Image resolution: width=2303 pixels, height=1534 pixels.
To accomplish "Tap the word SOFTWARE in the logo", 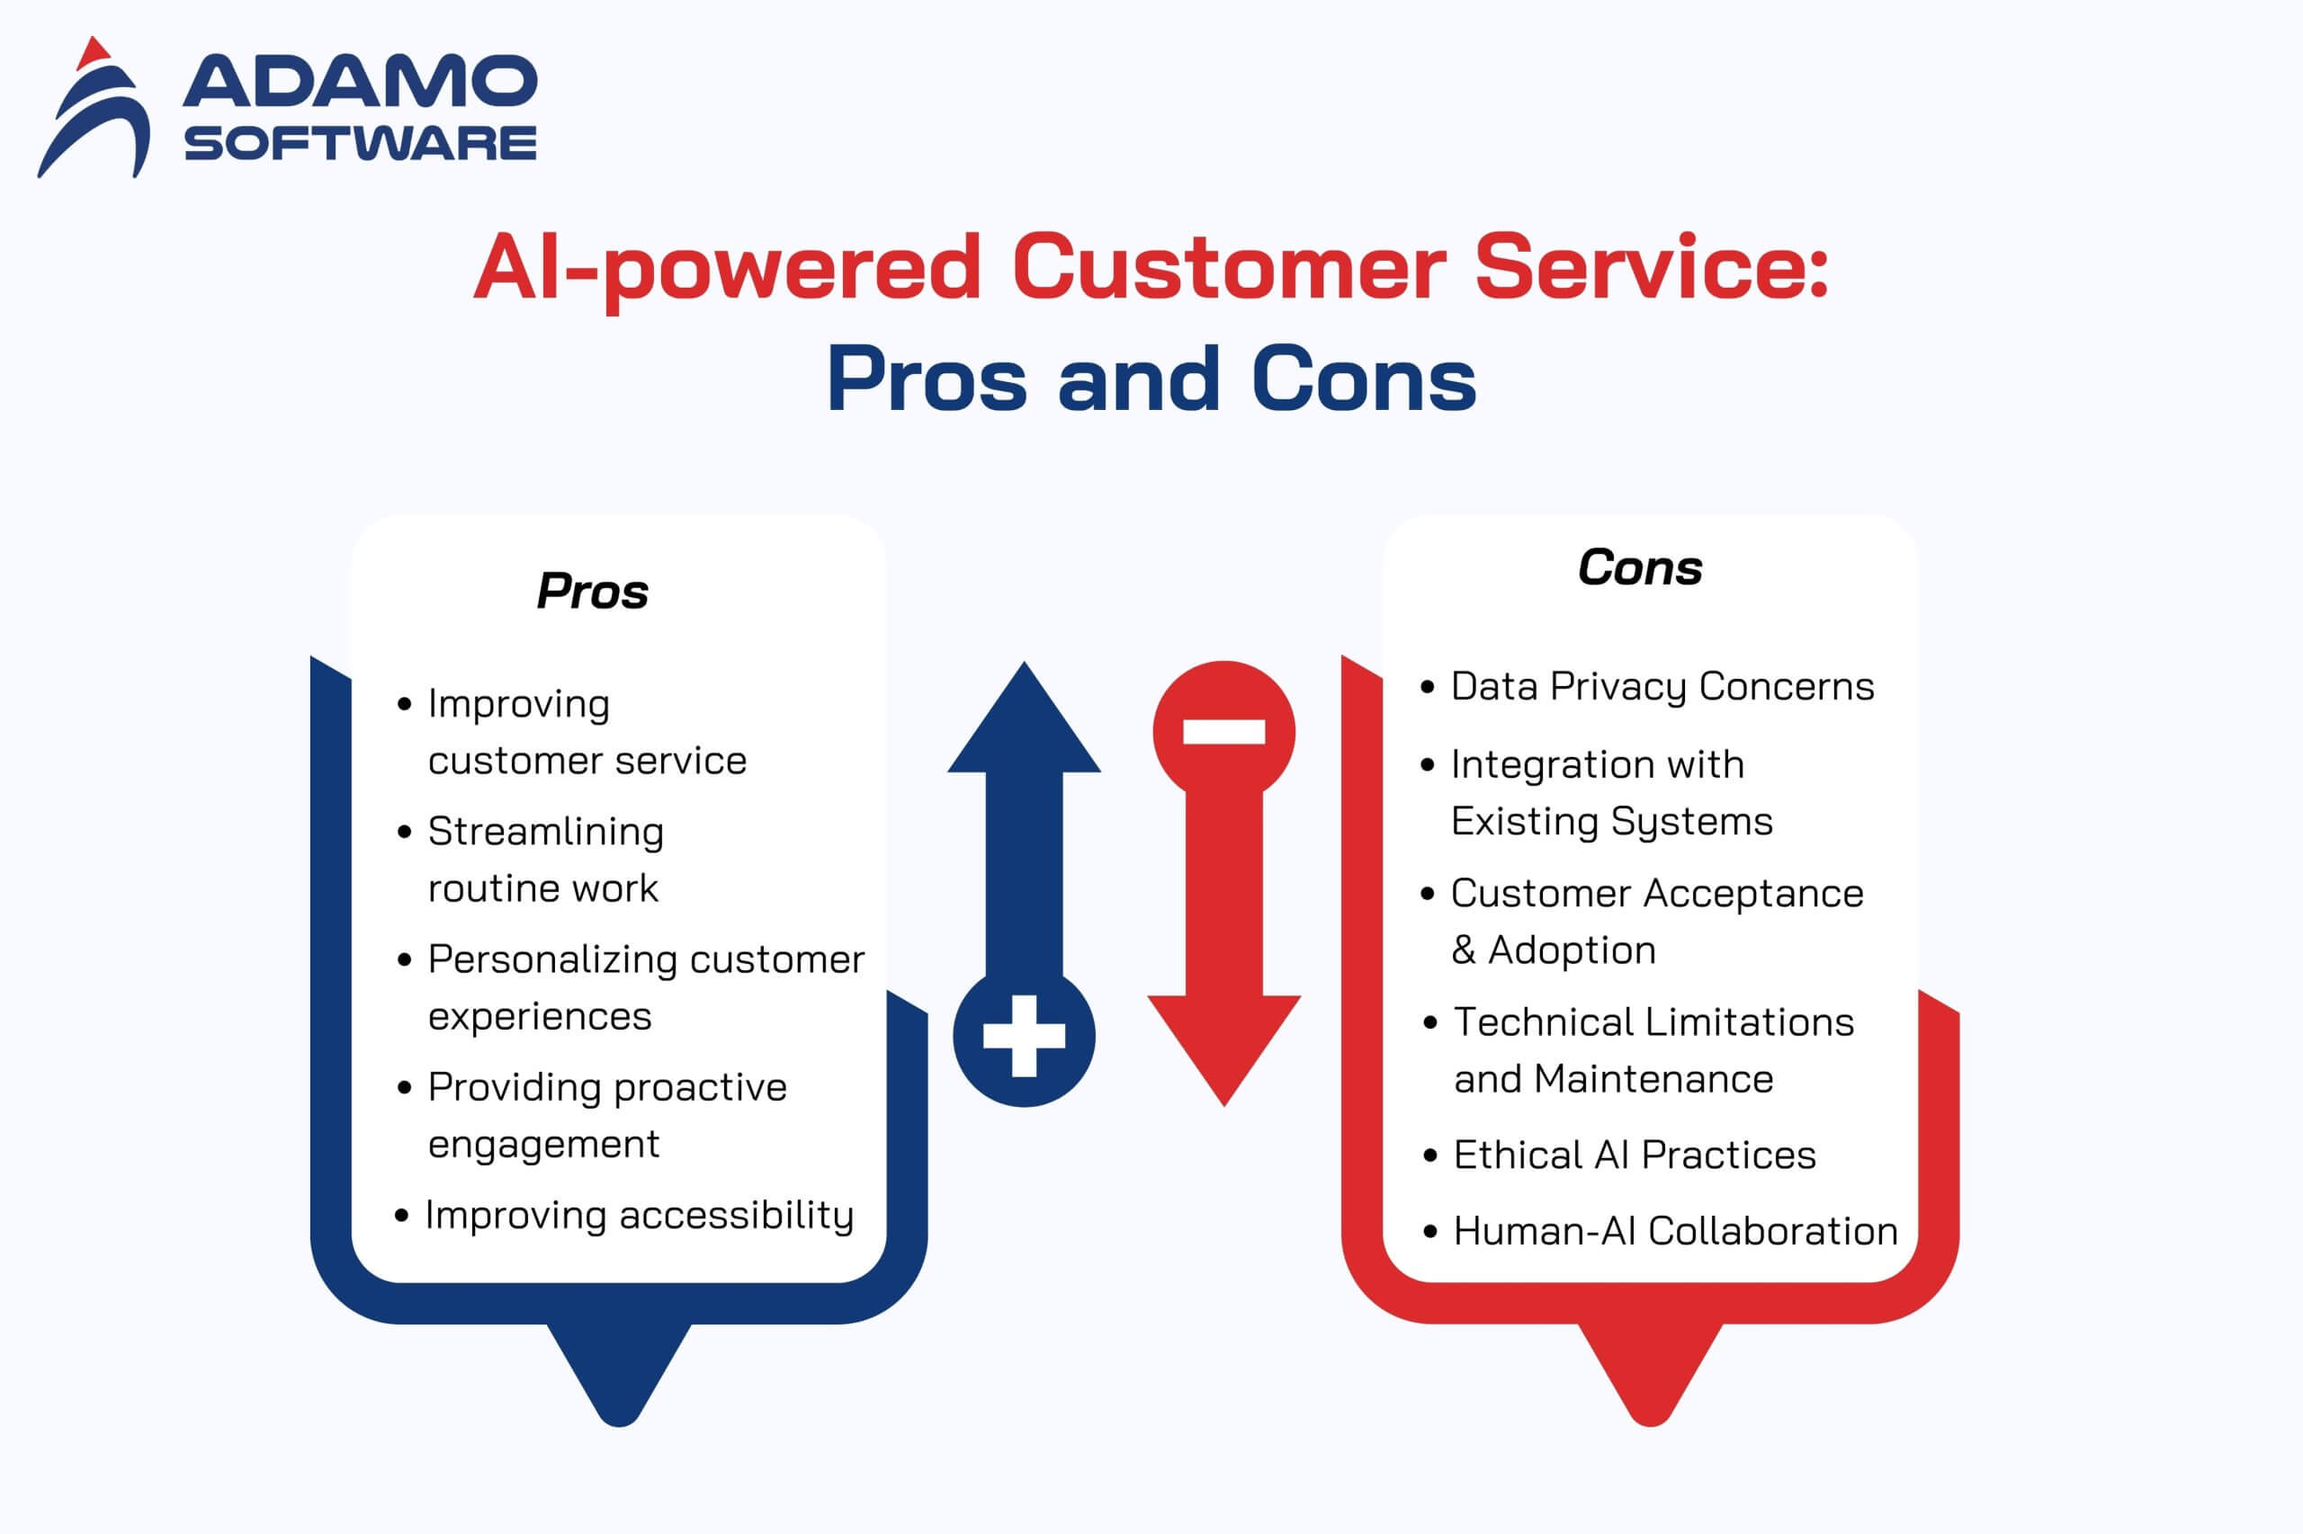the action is point(360,144).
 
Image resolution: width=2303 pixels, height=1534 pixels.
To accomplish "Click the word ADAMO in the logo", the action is point(360,81).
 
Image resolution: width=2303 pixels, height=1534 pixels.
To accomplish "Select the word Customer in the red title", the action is point(1228,267).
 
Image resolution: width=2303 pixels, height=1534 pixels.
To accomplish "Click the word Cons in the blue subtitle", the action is point(1364,379).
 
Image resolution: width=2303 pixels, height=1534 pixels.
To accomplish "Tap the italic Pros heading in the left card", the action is point(592,591).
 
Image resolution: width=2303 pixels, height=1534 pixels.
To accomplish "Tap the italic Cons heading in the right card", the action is point(1640,567).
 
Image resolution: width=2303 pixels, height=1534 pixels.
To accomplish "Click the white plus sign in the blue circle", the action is point(1024,1036).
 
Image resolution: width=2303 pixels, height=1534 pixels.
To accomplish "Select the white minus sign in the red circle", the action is point(1223,732).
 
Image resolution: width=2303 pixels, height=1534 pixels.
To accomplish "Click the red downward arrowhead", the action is point(1223,1051).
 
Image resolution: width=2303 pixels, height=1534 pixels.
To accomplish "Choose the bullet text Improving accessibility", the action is point(639,1215).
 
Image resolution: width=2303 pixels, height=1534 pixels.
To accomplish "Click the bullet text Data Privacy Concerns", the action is point(1662,687).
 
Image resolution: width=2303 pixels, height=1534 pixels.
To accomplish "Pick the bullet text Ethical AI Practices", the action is point(1635,1155).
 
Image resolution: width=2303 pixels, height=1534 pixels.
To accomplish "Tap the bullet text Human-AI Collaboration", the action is point(1676,1232).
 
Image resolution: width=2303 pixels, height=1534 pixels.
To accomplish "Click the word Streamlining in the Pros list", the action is point(546,833).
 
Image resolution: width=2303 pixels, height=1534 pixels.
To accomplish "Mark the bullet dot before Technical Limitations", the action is point(1431,1023).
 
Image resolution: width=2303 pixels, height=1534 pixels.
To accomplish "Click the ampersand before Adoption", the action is point(1464,950).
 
